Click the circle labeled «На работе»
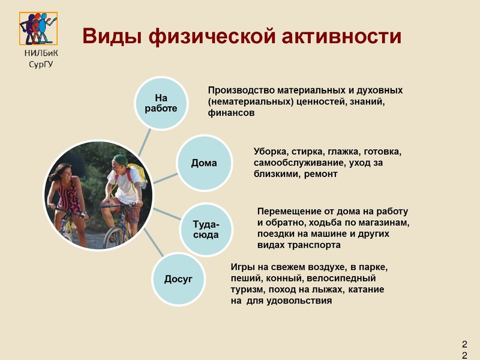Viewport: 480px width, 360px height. pyautogui.click(x=161, y=103)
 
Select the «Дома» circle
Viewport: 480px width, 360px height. pyautogui.click(x=204, y=163)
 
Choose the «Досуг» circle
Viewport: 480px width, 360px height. pyautogui.click(x=178, y=280)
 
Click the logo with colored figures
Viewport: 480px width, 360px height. pyautogui.click(x=39, y=28)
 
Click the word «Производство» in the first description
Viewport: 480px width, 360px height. pyautogui.click(x=241, y=90)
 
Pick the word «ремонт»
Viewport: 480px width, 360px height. pyautogui.click(x=321, y=174)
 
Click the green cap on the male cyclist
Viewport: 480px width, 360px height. pyautogui.click(x=121, y=160)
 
